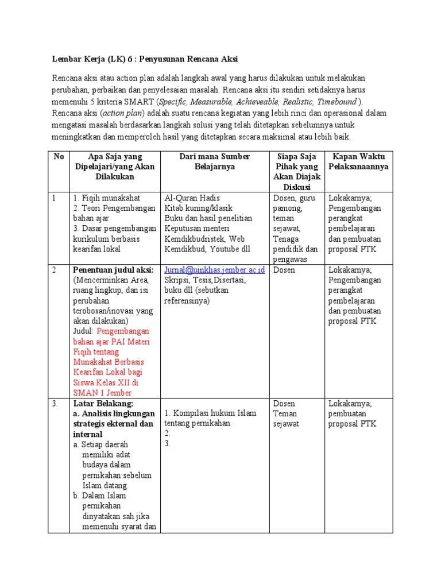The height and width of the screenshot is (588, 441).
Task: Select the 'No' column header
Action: (x=59, y=156)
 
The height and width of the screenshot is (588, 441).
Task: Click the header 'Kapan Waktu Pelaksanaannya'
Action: (x=358, y=161)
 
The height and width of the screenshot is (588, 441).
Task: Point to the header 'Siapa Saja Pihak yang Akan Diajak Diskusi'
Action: (x=297, y=172)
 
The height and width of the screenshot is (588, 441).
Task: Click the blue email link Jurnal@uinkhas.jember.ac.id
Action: (x=215, y=270)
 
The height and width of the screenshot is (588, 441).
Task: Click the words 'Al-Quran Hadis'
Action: (x=192, y=198)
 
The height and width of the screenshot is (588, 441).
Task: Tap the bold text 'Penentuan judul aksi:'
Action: (x=113, y=270)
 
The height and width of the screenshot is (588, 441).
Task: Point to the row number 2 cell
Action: (x=55, y=270)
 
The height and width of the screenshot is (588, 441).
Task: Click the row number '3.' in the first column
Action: (x=55, y=404)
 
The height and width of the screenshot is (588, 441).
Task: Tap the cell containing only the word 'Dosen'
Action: (x=285, y=270)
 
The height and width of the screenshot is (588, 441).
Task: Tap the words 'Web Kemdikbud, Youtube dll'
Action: (x=207, y=244)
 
